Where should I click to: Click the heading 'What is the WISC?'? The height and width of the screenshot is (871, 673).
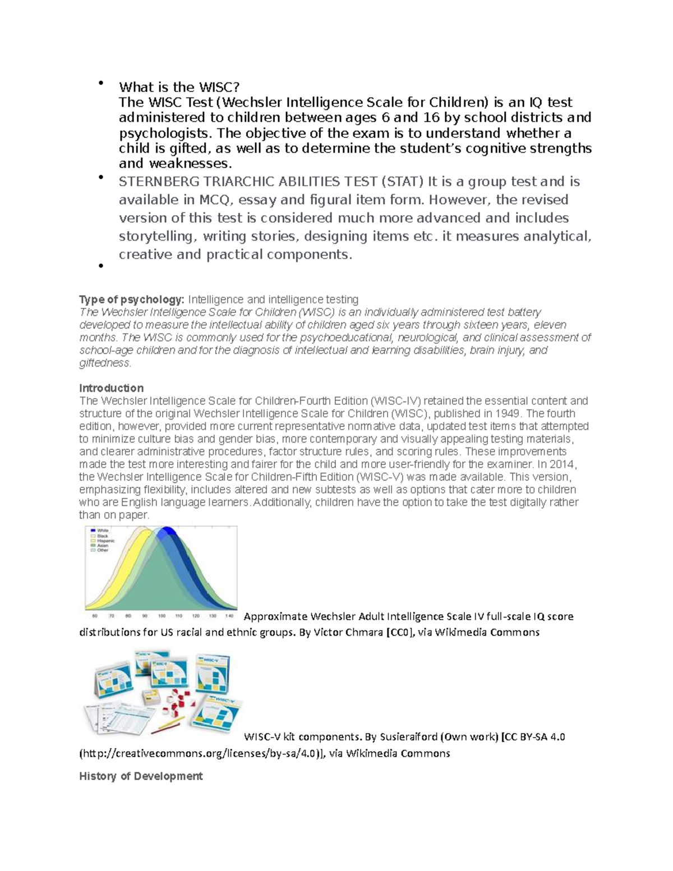click(x=179, y=87)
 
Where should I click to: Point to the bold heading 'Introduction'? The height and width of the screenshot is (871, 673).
click(x=111, y=388)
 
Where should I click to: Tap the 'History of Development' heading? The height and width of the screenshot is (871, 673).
click(x=141, y=776)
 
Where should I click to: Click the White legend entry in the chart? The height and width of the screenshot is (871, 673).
click(x=103, y=530)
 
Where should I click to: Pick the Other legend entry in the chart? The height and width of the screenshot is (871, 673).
click(x=103, y=550)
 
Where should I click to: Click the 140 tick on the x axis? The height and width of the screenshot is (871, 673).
click(x=228, y=616)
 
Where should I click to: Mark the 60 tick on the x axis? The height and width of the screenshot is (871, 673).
click(x=95, y=616)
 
